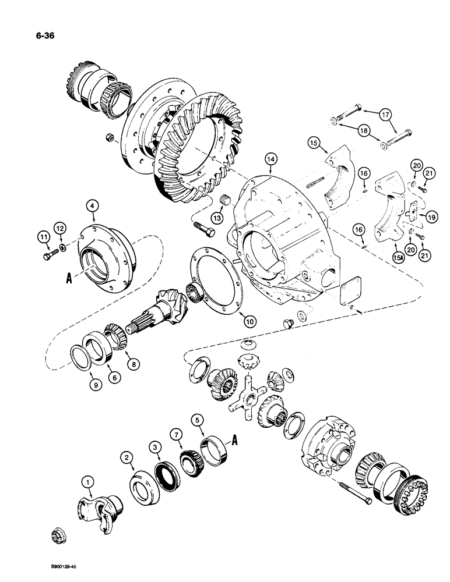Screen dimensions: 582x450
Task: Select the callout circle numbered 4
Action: (93, 205)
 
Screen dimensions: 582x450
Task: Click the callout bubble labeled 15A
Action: (398, 255)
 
